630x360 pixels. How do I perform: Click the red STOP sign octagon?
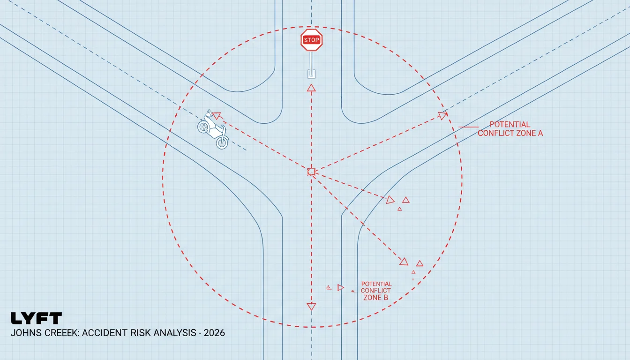pyautogui.click(x=311, y=40)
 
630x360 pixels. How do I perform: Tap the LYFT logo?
pyautogui.click(x=36, y=318)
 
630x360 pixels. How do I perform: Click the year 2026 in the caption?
pyautogui.click(x=214, y=333)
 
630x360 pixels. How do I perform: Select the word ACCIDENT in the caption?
pyautogui.click(x=105, y=333)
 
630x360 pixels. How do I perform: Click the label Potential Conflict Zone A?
pyautogui.click(x=510, y=129)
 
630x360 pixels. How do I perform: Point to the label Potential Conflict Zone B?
pyautogui.click(x=376, y=291)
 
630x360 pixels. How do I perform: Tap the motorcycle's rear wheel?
pyautogui.click(x=203, y=127)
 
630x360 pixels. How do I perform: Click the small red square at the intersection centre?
pyautogui.click(x=311, y=172)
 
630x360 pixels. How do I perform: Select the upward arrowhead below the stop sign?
pyautogui.click(x=311, y=88)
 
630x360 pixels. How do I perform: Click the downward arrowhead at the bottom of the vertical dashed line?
pyautogui.click(x=311, y=306)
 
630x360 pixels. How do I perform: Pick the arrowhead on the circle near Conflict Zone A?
pyautogui.click(x=442, y=115)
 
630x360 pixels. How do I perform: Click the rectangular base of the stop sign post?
pyautogui.click(x=311, y=74)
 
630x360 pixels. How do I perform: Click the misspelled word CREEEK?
pyautogui.click(x=58, y=333)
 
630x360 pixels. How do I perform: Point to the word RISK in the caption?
pyautogui.click(x=140, y=333)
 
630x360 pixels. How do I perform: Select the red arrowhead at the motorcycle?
pyautogui.click(x=217, y=115)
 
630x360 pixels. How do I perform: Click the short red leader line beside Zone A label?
pyautogui.click(x=468, y=127)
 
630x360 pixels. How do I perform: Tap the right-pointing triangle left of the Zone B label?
pyautogui.click(x=340, y=287)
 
